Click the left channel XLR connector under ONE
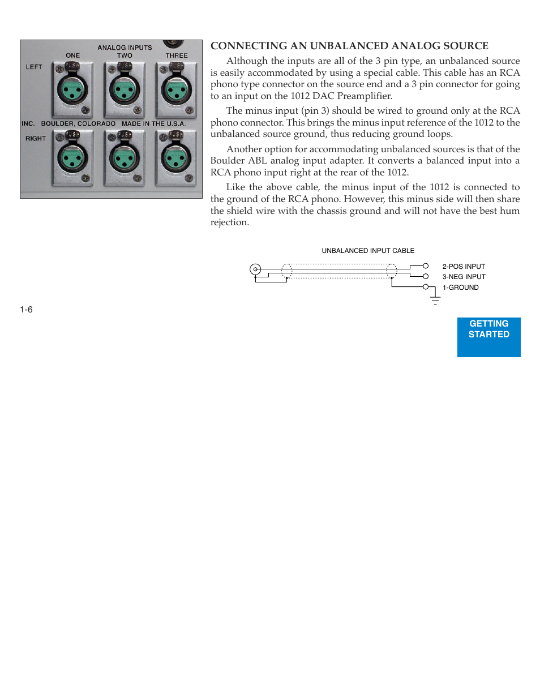tap(72, 90)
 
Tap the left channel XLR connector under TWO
tap(124, 90)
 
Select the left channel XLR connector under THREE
tap(176, 89)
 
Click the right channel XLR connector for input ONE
tap(72, 159)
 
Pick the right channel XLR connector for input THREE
tap(176, 159)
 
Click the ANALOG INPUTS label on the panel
tap(125, 48)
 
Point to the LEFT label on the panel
tap(34, 67)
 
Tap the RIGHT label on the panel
tap(35, 138)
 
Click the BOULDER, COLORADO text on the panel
tap(78, 123)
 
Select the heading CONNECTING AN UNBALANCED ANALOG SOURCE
tap(349, 46)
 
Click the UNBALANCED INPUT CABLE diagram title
tap(368, 251)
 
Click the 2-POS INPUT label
tap(464, 267)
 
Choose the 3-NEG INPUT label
tap(464, 277)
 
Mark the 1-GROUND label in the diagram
tap(460, 288)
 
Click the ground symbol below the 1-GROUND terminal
tap(435, 300)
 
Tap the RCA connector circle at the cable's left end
tap(255, 269)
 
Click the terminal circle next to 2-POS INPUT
tap(426, 266)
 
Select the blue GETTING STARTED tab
tap(488, 337)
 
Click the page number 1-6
tap(26, 310)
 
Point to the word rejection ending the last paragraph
tap(229, 222)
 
